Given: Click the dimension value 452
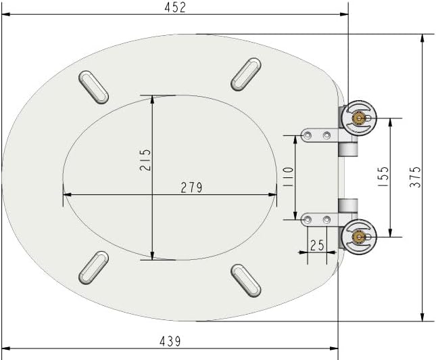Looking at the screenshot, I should coord(174,7).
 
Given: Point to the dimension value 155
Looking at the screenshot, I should coord(383,177).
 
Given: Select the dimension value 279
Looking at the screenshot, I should coord(191,187).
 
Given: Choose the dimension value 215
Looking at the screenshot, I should coord(145,160).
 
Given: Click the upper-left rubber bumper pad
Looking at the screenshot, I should coord(94,87).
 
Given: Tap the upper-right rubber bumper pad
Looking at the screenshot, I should coord(246,74).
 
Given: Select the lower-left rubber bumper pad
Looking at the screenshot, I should coord(93,267).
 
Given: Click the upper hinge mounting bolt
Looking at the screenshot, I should coord(359,118).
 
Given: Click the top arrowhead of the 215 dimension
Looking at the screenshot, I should coord(152,97).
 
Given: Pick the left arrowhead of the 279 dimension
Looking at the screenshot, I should coord(66,195).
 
